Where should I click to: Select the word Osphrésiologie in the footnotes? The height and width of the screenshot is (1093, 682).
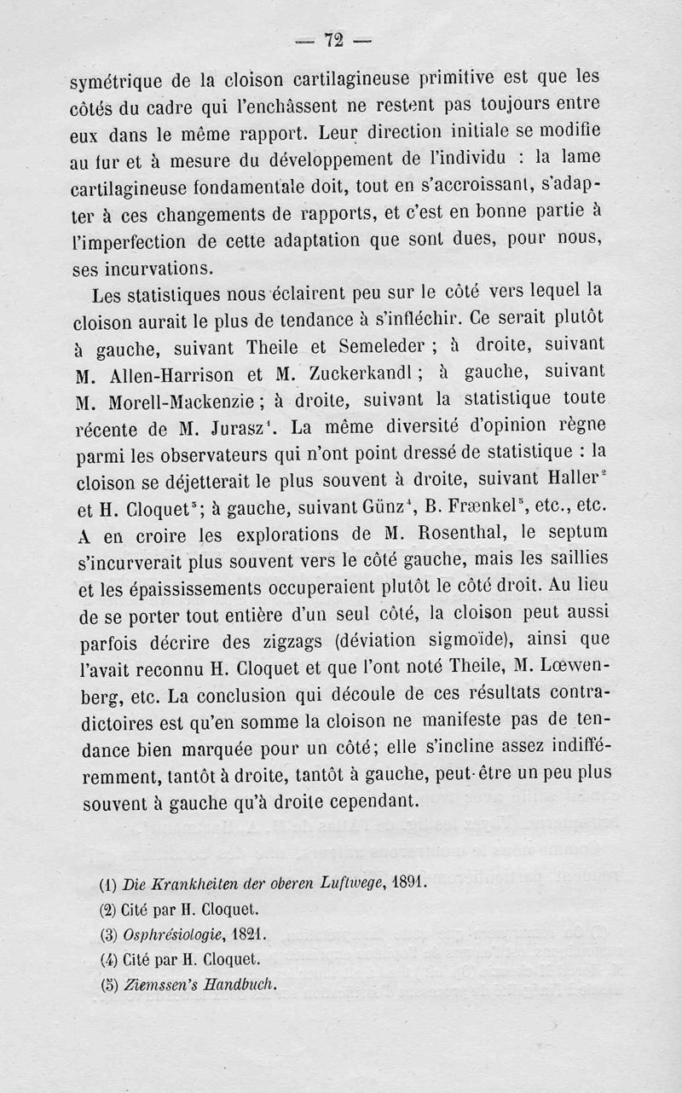[x=170, y=934]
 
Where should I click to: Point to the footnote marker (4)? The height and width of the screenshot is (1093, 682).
[x=108, y=958]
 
